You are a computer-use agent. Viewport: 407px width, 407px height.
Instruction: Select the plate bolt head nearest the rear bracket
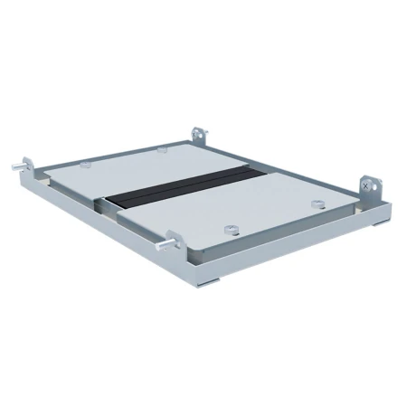160,148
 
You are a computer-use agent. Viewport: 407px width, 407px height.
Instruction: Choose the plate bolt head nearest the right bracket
316,201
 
